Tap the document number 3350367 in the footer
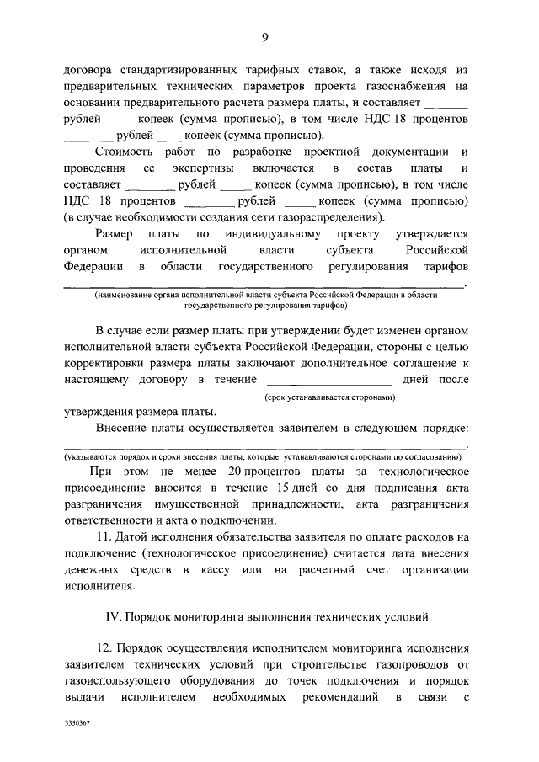77,722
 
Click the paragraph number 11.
107,537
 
